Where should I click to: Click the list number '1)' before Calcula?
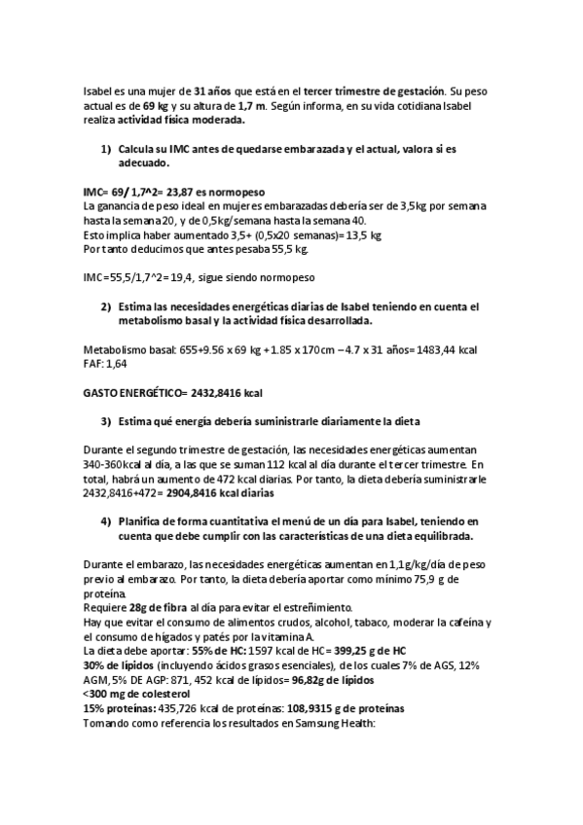coord(106,151)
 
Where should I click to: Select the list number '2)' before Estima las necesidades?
coord(106,305)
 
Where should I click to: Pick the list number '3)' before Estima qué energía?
coord(106,420)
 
